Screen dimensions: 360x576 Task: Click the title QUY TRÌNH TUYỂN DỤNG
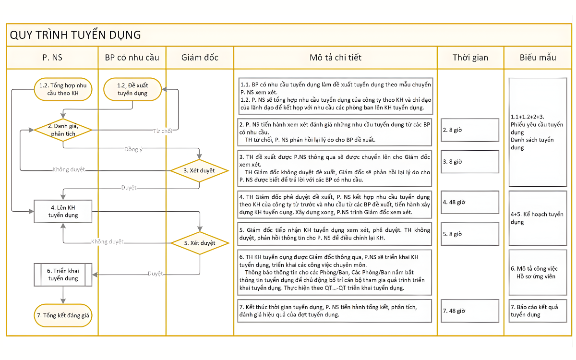(75, 35)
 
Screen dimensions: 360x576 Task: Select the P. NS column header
(52, 58)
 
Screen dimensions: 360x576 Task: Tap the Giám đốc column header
(200, 58)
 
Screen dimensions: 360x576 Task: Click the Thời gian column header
(470, 58)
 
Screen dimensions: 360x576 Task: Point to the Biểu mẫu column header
(538, 58)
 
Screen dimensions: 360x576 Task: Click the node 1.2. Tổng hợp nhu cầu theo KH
(63, 89)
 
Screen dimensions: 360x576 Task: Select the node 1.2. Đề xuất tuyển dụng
(132, 89)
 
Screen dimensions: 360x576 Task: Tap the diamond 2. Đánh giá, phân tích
(63, 130)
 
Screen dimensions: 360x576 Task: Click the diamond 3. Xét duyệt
(199, 170)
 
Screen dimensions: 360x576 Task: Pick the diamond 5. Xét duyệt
(200, 243)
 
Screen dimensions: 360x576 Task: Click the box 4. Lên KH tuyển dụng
(63, 211)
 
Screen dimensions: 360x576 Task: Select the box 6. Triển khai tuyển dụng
(63, 275)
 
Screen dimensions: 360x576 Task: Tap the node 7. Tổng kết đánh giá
(63, 315)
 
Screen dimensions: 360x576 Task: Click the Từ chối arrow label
(162, 131)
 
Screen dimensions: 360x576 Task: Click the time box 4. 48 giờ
(470, 203)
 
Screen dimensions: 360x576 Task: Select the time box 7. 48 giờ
(470, 311)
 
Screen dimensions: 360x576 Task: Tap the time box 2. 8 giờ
(470, 130)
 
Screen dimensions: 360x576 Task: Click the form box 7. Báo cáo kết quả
(538, 311)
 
